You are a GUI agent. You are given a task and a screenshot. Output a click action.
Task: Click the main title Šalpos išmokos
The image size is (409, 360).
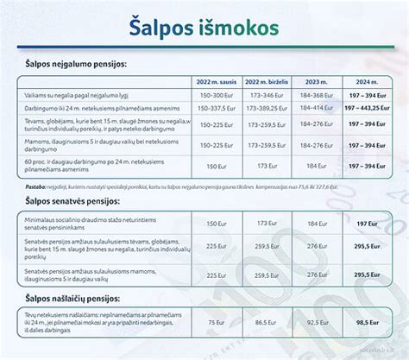tap(204, 27)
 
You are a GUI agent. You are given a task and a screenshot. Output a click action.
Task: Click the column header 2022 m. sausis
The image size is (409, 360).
tap(215, 83)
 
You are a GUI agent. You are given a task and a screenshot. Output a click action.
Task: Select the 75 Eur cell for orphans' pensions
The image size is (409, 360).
tap(215, 321)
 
